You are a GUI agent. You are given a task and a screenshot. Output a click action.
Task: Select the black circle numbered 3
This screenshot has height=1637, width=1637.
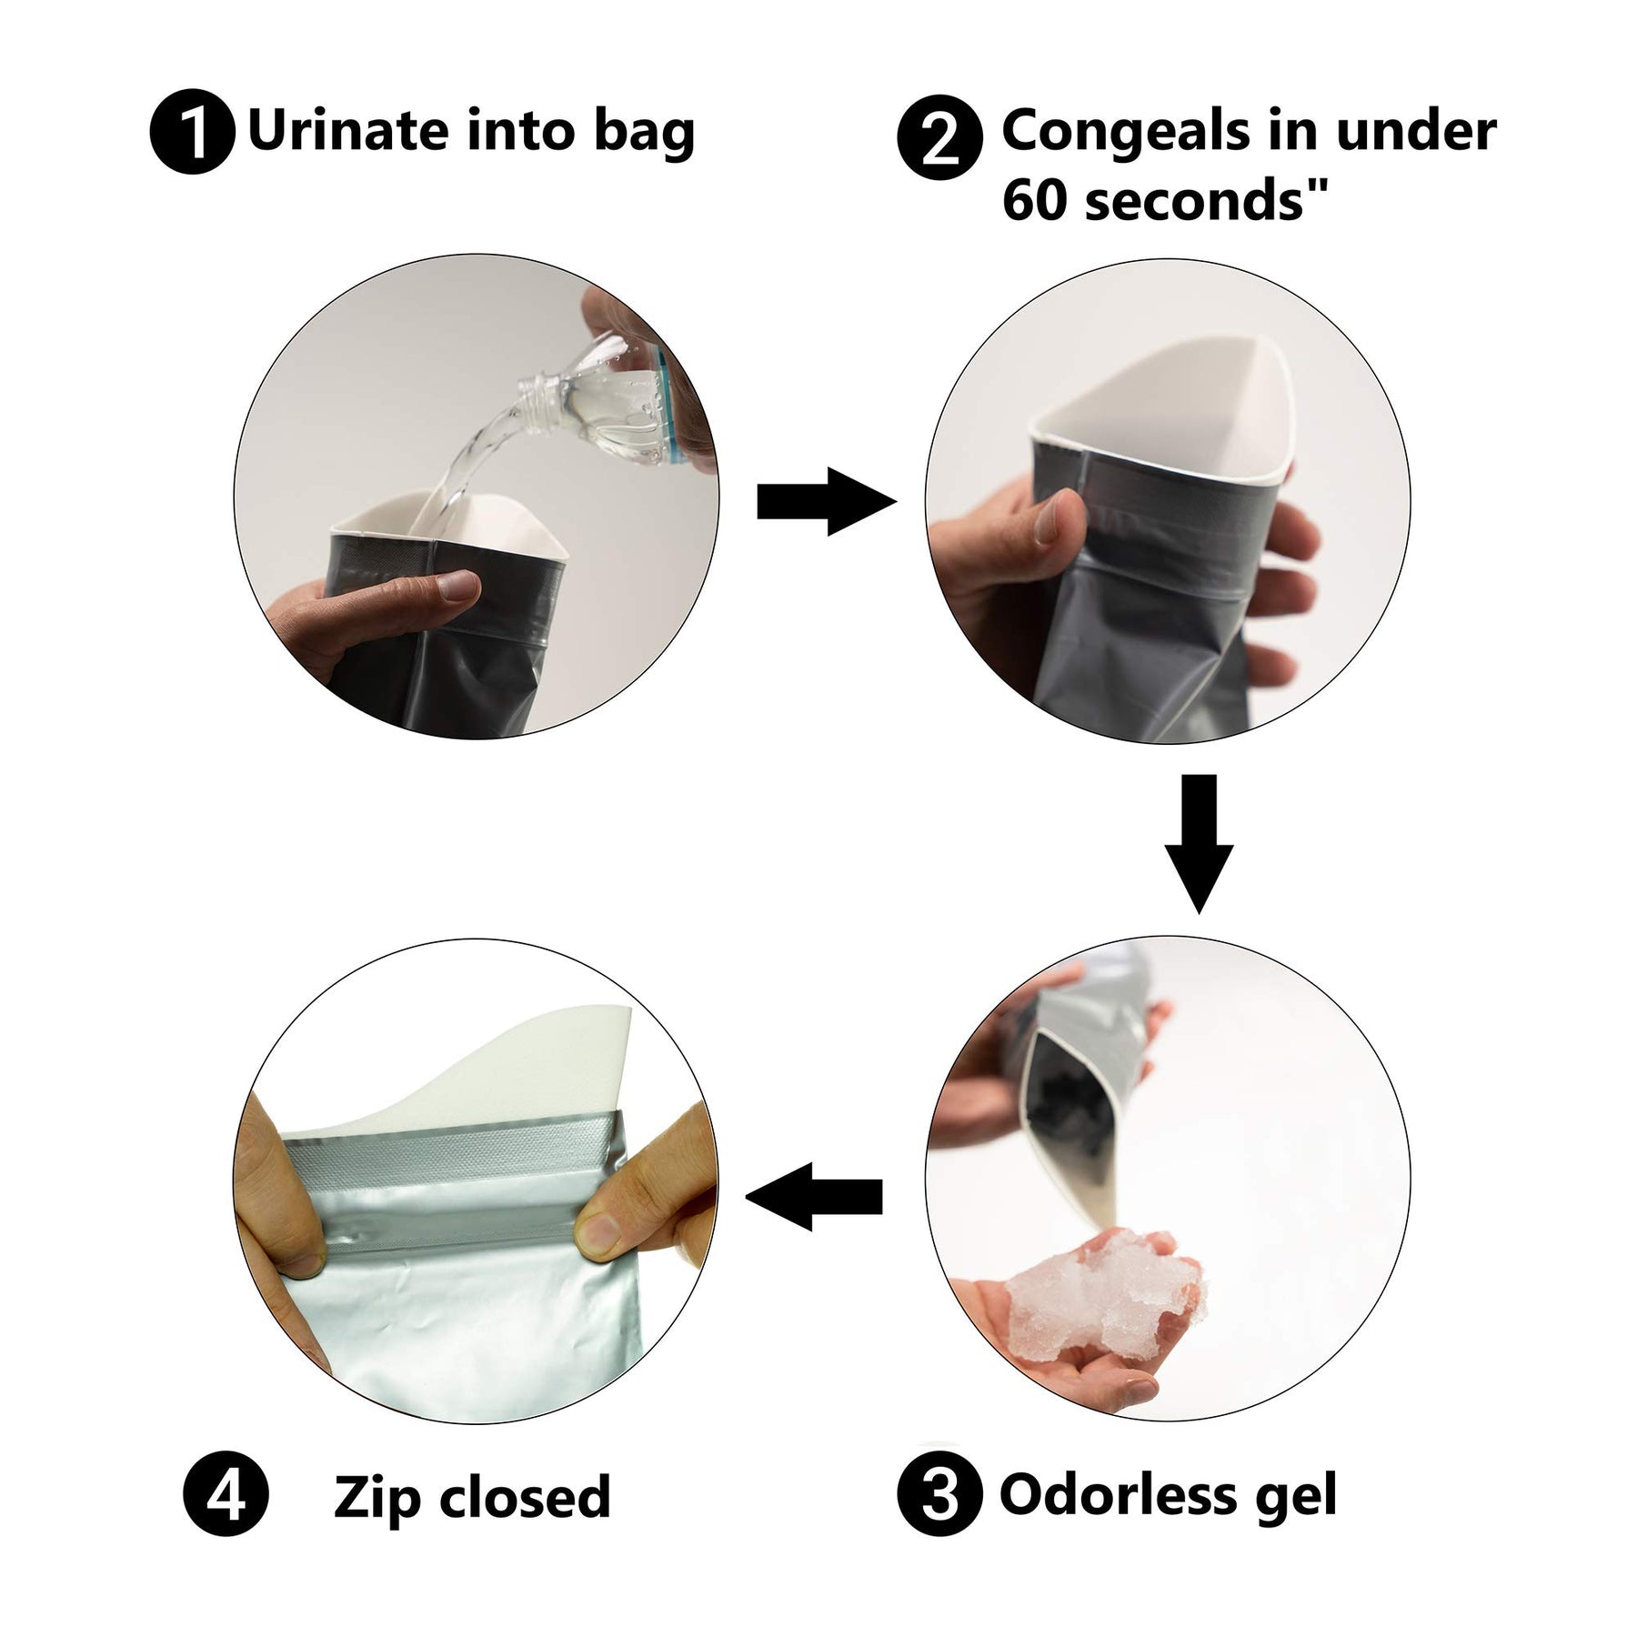click(939, 1496)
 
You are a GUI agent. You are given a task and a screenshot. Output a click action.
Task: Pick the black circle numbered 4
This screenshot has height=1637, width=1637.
click(225, 1496)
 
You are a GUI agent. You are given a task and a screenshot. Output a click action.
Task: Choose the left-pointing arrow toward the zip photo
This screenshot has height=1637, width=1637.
click(814, 1196)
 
